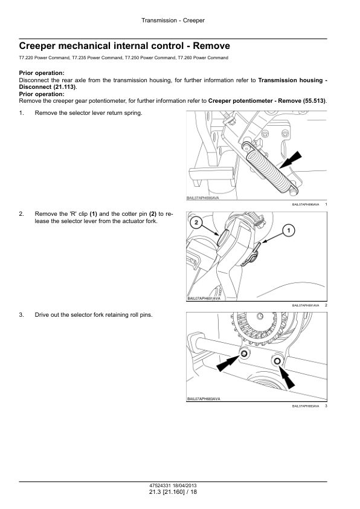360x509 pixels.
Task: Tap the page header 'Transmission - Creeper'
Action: (173, 21)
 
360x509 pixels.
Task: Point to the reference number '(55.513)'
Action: (314, 101)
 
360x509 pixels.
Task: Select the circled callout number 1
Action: (289, 231)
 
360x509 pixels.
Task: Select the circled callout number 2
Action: (196, 222)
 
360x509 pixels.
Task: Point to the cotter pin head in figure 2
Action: (223, 238)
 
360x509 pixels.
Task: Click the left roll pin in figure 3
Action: (244, 354)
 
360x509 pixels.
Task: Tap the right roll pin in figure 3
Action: (277, 361)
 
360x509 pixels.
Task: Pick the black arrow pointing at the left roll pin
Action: (228, 363)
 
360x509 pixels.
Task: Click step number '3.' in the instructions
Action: (21, 315)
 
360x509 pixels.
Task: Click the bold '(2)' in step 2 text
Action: (153, 214)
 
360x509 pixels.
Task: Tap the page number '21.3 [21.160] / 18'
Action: (173, 492)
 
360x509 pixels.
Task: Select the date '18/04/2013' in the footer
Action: (185, 485)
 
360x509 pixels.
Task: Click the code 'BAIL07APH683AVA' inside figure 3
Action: (204, 399)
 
